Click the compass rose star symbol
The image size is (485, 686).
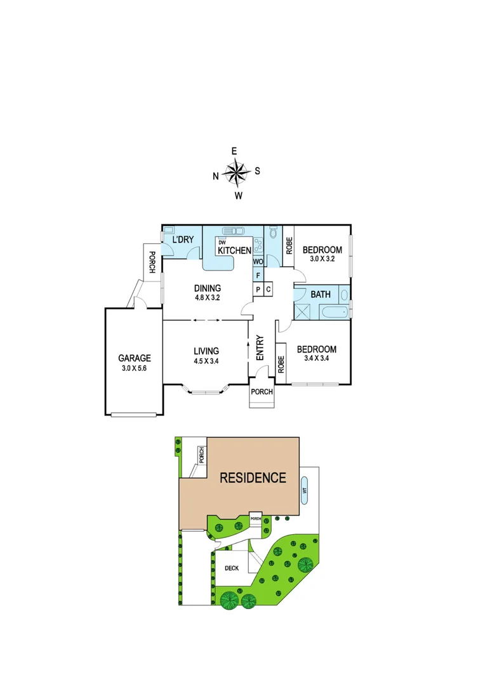[x=236, y=171]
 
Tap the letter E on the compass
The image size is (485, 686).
[x=234, y=151]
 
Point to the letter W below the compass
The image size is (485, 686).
[x=239, y=196]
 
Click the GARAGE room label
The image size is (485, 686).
[x=135, y=358]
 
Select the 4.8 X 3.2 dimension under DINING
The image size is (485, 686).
[x=207, y=297]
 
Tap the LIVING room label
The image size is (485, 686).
[x=207, y=351]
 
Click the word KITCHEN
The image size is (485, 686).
[x=234, y=251]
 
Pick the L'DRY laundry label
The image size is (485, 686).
[x=183, y=239]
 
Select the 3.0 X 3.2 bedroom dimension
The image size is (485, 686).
[x=322, y=259]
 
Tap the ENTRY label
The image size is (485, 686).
[x=260, y=348]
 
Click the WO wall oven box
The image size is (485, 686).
[x=258, y=262]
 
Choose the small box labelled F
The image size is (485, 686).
[x=258, y=276]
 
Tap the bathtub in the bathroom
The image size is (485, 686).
[x=333, y=312]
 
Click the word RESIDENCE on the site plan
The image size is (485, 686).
[x=253, y=478]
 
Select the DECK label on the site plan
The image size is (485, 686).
[x=232, y=568]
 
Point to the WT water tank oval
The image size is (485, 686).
[x=305, y=490]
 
